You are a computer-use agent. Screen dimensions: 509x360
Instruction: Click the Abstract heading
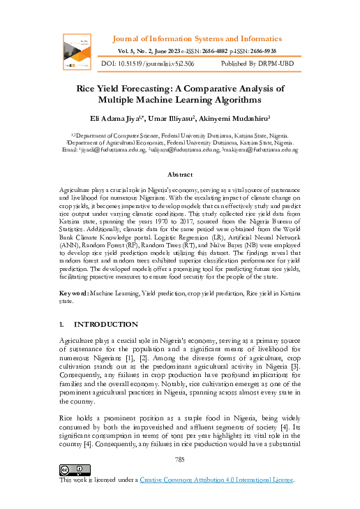coord(180,174)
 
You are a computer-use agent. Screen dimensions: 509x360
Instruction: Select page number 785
coord(180,459)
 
